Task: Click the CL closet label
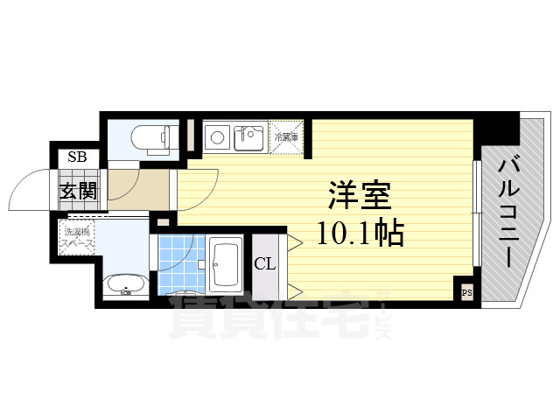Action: pyautogui.click(x=265, y=263)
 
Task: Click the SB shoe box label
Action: pyautogui.click(x=77, y=159)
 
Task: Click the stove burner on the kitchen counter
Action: pyautogui.click(x=215, y=136)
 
